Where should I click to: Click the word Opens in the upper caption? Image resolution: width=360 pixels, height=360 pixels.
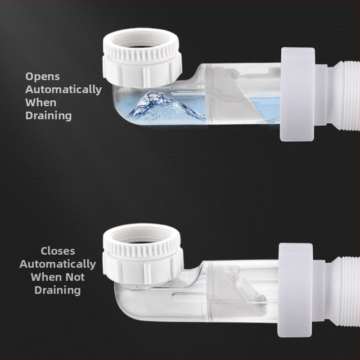42,76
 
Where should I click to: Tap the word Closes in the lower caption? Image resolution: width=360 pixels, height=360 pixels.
58,251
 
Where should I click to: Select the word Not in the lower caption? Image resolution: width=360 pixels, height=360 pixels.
75,277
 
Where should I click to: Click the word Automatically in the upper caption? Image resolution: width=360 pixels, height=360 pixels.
63,90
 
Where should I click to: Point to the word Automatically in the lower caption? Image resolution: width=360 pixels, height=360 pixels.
58,264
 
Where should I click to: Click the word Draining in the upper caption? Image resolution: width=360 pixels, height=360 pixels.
49,116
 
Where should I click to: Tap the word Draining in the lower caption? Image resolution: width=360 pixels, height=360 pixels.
58,290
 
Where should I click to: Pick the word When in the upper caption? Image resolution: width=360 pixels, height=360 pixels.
41,103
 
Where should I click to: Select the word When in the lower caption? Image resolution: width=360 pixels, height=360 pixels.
47,277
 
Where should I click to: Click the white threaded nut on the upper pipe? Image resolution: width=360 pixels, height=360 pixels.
142,58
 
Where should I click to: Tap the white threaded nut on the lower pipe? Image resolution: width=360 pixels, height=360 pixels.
143,254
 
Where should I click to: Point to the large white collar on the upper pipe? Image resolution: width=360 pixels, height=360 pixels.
297,94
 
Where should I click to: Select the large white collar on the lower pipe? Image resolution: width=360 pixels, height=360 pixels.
296,290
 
